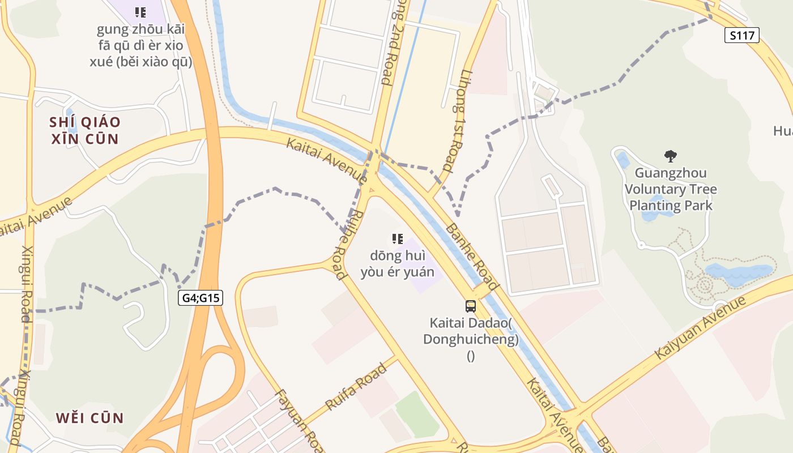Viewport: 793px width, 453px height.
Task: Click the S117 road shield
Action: (x=741, y=35)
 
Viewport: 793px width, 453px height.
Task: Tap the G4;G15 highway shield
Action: (x=201, y=298)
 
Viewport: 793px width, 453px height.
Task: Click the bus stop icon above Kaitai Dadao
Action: (x=470, y=306)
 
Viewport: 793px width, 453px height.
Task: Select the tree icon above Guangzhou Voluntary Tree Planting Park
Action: (x=671, y=156)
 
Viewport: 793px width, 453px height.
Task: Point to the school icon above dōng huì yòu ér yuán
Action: (x=398, y=239)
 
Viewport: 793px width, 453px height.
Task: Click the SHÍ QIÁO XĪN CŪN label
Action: (x=85, y=130)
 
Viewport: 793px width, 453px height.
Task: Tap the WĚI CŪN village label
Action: (x=89, y=418)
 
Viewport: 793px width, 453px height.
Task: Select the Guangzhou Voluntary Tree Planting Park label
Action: (x=671, y=189)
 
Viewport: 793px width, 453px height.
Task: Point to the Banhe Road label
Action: (x=472, y=257)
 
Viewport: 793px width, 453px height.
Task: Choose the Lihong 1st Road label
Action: (x=457, y=121)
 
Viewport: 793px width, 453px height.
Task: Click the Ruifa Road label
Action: (x=356, y=387)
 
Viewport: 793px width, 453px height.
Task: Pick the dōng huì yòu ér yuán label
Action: (x=398, y=264)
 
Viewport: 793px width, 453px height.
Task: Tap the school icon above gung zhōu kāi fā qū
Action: (x=140, y=12)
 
